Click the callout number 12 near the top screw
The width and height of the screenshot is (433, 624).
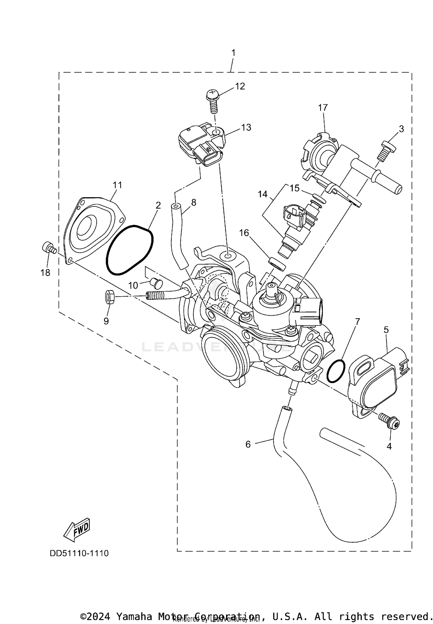point(240,86)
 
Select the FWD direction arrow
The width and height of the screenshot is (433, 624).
point(77,531)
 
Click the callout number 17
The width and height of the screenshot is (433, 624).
point(323,108)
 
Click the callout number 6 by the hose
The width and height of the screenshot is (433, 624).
point(248,444)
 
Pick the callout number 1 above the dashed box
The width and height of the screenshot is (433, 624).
point(233,53)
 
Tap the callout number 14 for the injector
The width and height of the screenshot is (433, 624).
point(263,195)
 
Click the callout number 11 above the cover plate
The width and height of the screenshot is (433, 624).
point(117,185)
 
